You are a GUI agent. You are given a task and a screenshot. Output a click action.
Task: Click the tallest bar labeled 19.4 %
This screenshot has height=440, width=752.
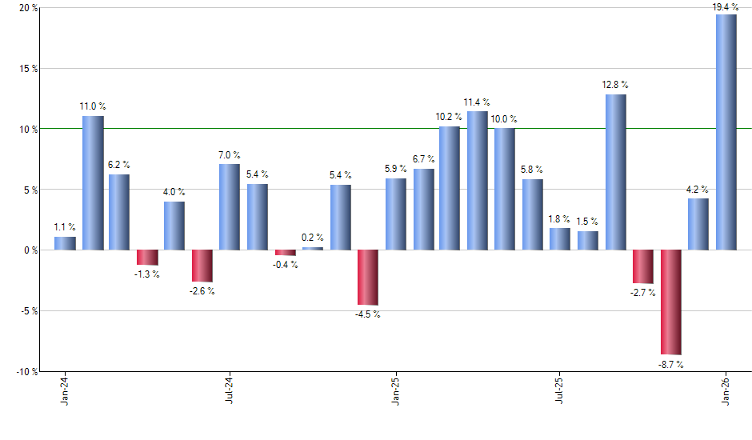[726, 132]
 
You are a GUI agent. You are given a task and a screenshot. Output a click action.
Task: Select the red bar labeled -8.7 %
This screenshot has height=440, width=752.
[671, 302]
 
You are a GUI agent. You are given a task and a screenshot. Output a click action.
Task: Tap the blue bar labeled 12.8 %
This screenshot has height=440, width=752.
[616, 172]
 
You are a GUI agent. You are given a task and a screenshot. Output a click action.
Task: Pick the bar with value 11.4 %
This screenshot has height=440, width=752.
[478, 180]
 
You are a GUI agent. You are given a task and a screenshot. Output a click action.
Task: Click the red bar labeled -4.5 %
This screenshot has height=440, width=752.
[368, 277]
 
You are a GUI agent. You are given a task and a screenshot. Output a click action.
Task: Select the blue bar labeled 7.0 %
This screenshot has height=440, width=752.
[230, 206]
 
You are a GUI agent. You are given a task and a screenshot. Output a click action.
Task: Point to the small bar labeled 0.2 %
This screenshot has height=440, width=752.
[313, 248]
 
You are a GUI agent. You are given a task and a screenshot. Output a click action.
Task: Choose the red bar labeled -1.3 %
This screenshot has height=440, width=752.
[147, 257]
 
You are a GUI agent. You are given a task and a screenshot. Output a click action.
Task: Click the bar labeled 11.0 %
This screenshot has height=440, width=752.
[93, 182]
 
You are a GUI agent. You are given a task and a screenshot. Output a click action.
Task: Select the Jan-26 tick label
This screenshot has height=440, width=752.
[726, 391]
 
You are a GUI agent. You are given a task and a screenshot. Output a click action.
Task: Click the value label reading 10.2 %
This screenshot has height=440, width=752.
[449, 116]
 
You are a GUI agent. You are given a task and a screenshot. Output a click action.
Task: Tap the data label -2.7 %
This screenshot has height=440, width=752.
[642, 293]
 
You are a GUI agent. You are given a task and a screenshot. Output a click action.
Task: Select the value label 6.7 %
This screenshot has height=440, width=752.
[423, 159]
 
